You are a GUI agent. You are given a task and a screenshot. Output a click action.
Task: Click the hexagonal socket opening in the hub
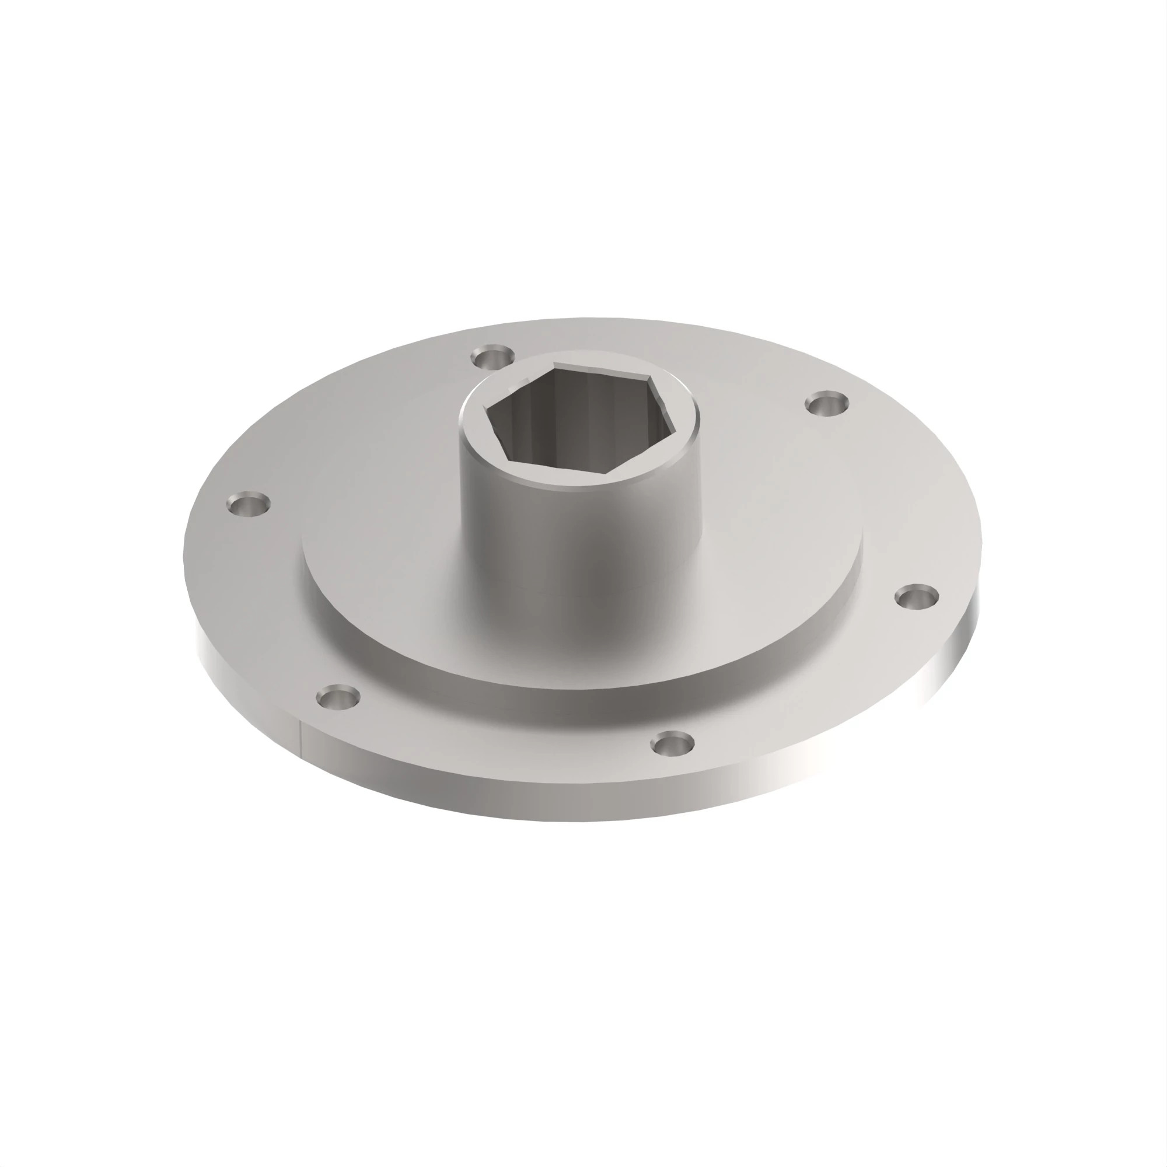pos(577,426)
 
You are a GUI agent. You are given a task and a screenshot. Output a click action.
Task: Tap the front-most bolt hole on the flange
pos(673,743)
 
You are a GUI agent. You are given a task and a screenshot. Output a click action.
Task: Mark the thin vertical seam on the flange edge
pos(300,738)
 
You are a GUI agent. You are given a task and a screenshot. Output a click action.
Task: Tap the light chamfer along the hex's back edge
pos(604,369)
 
